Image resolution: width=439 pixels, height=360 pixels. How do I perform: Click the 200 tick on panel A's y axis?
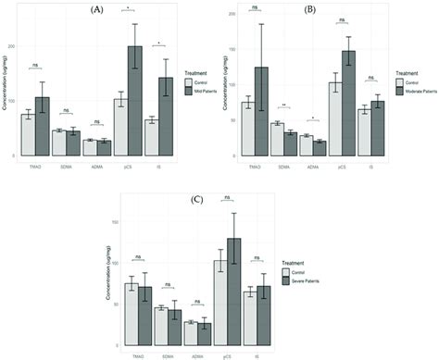point(12,46)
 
